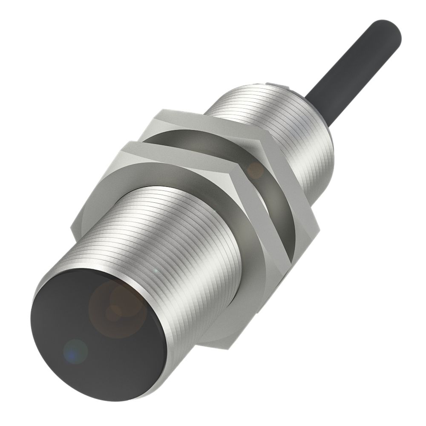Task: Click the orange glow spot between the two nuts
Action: tap(256, 170)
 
